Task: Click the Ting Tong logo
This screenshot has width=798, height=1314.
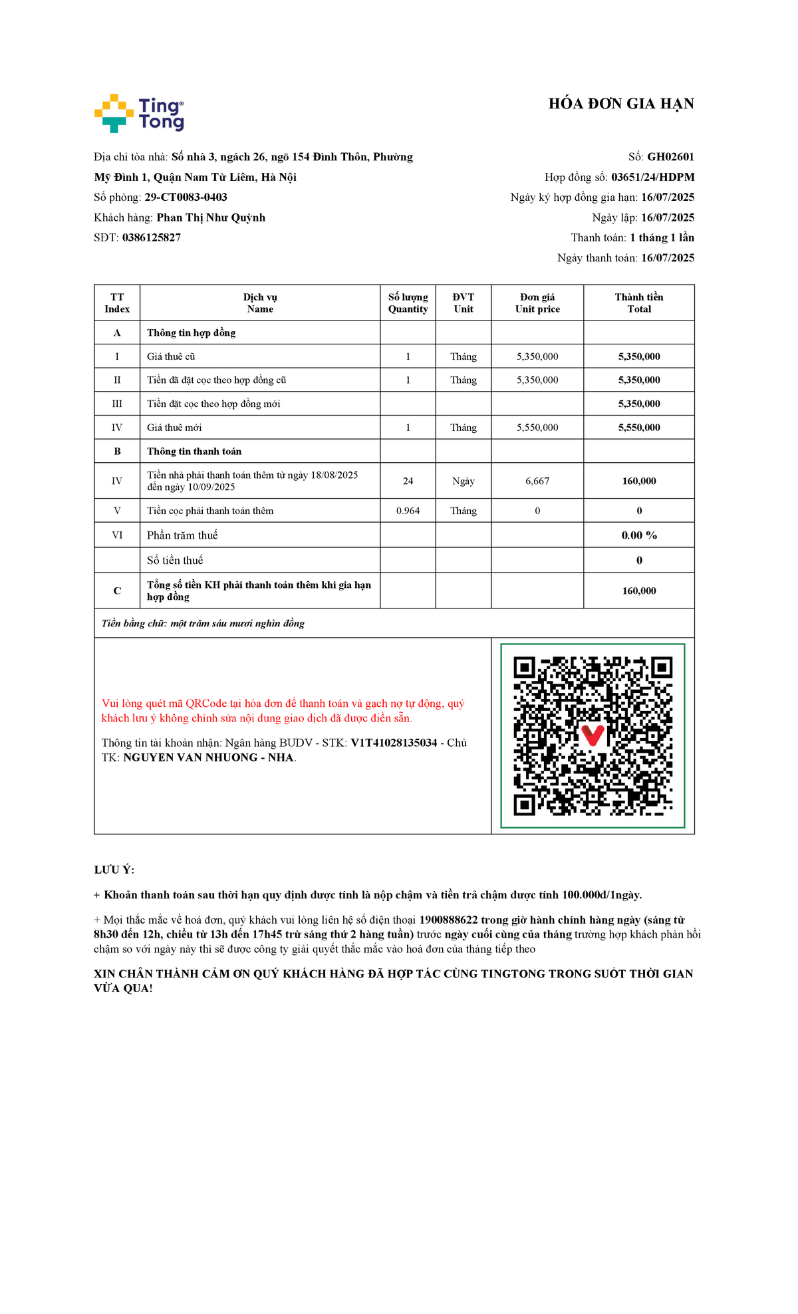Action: (139, 113)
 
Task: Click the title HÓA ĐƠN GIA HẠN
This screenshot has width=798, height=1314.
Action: (620, 104)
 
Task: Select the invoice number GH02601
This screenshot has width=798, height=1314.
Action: (670, 157)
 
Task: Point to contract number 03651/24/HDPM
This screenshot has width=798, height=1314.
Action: (652, 177)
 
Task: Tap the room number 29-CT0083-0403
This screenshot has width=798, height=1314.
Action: (186, 197)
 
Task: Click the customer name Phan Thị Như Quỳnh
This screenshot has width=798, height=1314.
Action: (211, 217)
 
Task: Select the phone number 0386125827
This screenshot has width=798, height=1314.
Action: (152, 237)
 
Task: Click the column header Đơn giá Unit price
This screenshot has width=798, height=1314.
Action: (537, 303)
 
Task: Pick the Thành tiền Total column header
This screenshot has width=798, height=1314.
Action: (638, 303)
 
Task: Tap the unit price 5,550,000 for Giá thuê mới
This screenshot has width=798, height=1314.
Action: (537, 428)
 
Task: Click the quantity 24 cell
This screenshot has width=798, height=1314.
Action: (408, 481)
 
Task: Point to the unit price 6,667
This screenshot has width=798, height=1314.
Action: (537, 481)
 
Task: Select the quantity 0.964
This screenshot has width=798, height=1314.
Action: (408, 511)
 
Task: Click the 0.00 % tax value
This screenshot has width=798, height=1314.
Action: (638, 535)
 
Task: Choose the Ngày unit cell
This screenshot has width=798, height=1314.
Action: (464, 481)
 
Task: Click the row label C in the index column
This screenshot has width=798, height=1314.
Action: (117, 591)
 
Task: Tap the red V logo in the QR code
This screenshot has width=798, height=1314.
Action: (592, 735)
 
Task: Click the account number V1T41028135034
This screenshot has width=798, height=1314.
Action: (394, 743)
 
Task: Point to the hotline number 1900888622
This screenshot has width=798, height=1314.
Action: (448, 920)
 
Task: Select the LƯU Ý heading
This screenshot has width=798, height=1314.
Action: (114, 870)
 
